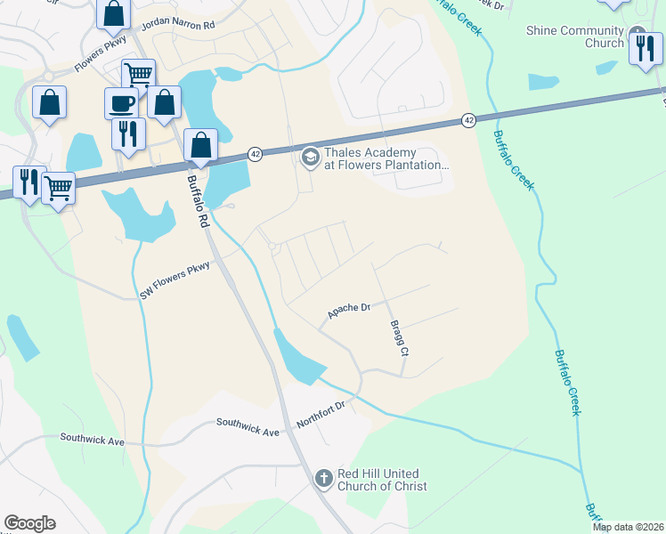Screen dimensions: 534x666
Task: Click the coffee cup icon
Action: pyautogui.click(x=122, y=102)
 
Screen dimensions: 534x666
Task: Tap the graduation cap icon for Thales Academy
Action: pyautogui.click(x=310, y=158)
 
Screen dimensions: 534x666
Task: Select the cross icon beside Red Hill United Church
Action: pyautogui.click(x=326, y=480)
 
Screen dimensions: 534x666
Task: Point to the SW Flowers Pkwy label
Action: pyautogui.click(x=174, y=279)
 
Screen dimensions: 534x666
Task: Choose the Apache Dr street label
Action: pyautogui.click(x=348, y=311)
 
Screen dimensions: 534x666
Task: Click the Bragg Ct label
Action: pyautogui.click(x=398, y=339)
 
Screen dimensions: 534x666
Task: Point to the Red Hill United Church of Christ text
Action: pyautogui.click(x=383, y=480)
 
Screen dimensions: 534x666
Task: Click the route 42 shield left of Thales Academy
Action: pyautogui.click(x=255, y=153)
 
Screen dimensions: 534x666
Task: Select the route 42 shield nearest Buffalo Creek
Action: pyautogui.click(x=468, y=119)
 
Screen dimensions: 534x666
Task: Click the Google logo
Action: pyautogui.click(x=29, y=523)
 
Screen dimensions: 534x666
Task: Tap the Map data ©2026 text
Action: pyautogui.click(x=628, y=527)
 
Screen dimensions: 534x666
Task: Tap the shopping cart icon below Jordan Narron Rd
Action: pyautogui.click(x=138, y=74)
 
